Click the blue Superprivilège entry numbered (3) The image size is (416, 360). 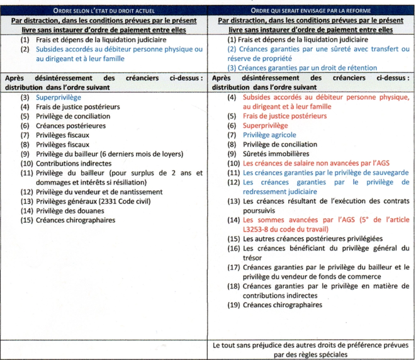tap(59, 98)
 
